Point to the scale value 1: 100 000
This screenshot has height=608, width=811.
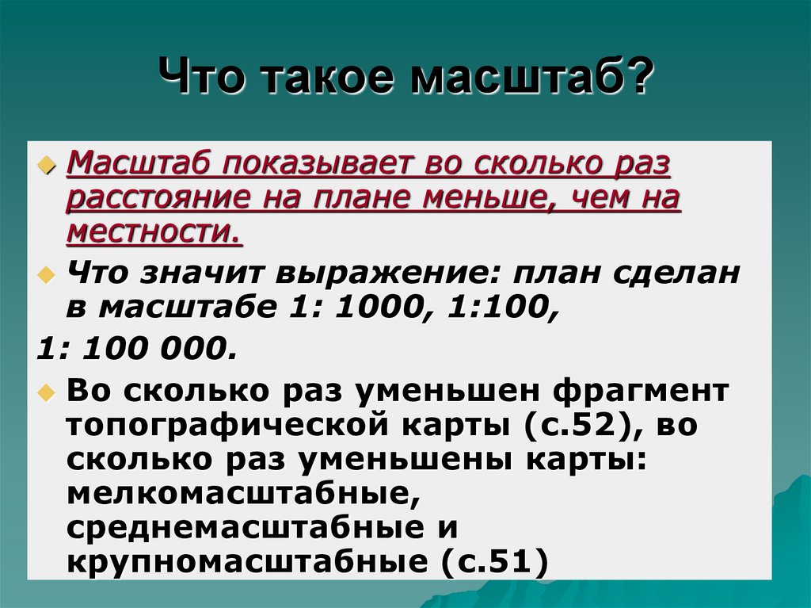(137, 348)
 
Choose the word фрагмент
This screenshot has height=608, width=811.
(641, 392)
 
